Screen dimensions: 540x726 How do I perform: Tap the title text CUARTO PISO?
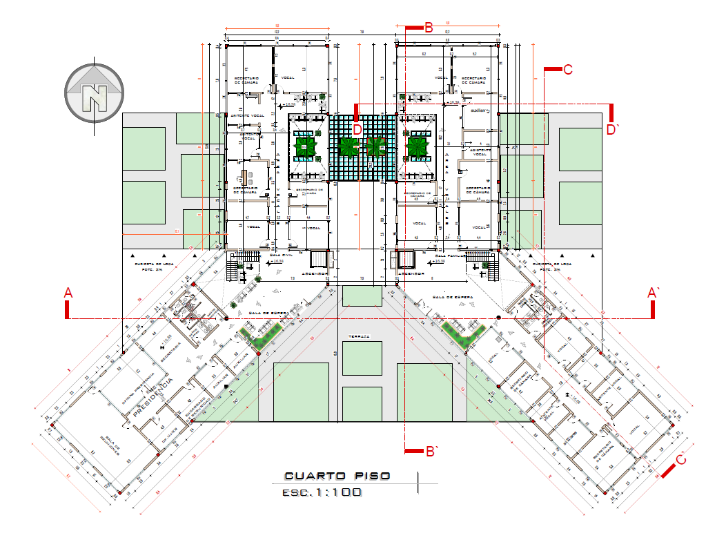pos(337,476)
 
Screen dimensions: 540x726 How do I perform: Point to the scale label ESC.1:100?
pos(322,493)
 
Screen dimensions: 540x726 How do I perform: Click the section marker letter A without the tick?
pos(68,293)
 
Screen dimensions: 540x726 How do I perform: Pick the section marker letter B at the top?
pos(428,28)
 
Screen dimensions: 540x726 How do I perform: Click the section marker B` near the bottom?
pos(432,452)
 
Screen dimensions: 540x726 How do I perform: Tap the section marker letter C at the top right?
pos(568,69)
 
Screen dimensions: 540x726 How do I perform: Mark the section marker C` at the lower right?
pos(680,459)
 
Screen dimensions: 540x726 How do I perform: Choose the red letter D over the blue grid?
pos(357,129)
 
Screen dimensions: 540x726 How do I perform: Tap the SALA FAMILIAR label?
pos(446,255)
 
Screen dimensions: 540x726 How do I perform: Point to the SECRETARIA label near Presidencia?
pos(170,352)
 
